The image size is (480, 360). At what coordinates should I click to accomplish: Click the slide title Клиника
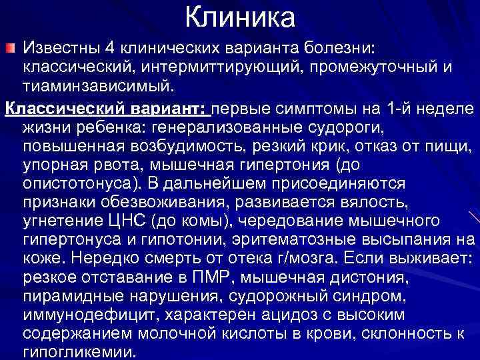coord(239,17)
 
